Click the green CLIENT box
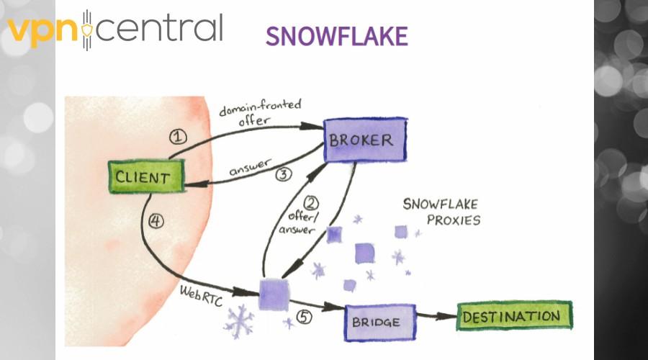(x=146, y=176)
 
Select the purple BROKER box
(x=365, y=140)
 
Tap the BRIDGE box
(x=379, y=323)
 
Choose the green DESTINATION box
(x=515, y=316)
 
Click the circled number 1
(x=178, y=137)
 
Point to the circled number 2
(x=311, y=203)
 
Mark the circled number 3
(x=284, y=174)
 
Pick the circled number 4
(x=156, y=221)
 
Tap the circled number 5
(x=304, y=317)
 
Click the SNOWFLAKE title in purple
(x=337, y=36)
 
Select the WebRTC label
(x=202, y=295)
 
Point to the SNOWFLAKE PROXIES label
(x=442, y=212)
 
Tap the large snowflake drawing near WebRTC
(x=239, y=321)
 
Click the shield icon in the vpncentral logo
(x=87, y=30)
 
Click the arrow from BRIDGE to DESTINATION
(x=436, y=316)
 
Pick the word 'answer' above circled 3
(x=251, y=166)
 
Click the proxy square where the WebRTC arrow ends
(x=274, y=294)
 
